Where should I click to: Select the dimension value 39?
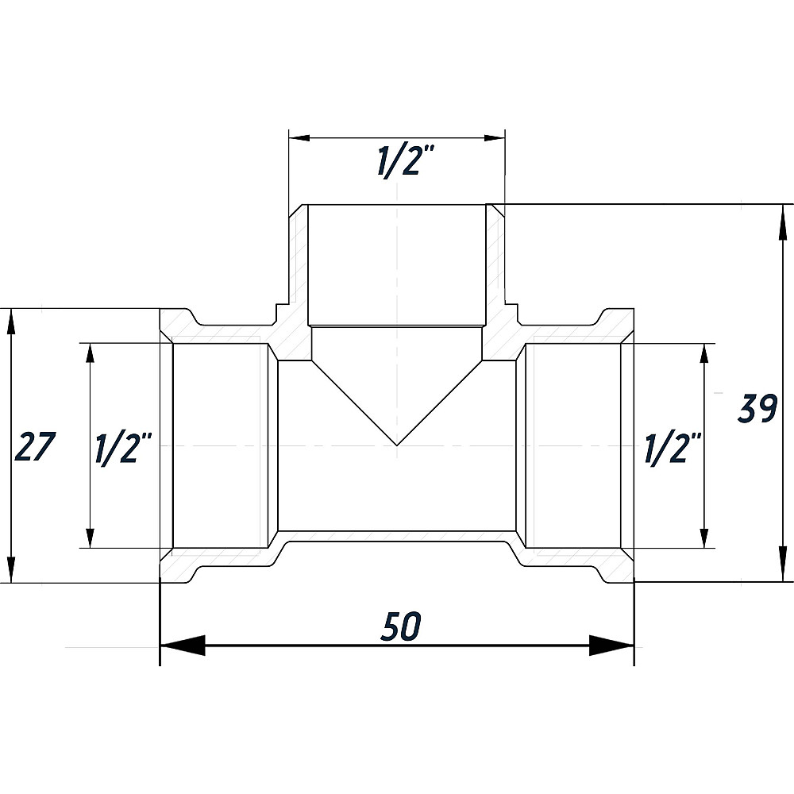pyautogui.click(x=757, y=407)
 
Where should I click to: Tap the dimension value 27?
pyautogui.click(x=34, y=446)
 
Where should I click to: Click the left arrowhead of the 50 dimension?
pyautogui.click(x=183, y=646)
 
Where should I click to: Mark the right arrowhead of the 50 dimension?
pyautogui.click(x=611, y=646)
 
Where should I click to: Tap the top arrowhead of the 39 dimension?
pyautogui.click(x=784, y=225)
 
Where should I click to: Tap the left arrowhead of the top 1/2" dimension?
pyautogui.click(x=299, y=137)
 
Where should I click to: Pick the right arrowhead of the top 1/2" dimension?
pyautogui.click(x=495, y=137)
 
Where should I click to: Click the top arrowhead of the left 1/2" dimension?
pyautogui.click(x=91, y=353)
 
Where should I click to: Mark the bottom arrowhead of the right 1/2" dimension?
pyautogui.click(x=703, y=538)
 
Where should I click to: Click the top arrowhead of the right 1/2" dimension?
pyautogui.click(x=703, y=353)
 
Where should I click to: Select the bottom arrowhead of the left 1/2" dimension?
pyautogui.click(x=91, y=538)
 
